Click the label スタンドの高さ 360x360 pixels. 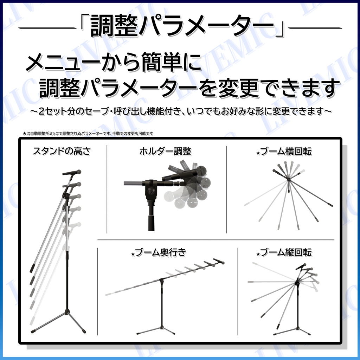click(62, 151)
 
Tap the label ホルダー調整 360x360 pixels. click(165, 151)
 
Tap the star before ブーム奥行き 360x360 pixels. click(133, 254)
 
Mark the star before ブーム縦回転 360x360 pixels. click(258, 254)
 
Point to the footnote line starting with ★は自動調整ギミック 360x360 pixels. click(88, 133)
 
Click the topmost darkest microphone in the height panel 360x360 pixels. click(72, 172)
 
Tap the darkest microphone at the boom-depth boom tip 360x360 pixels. click(219, 261)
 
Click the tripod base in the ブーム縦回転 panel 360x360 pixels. click(291, 330)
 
